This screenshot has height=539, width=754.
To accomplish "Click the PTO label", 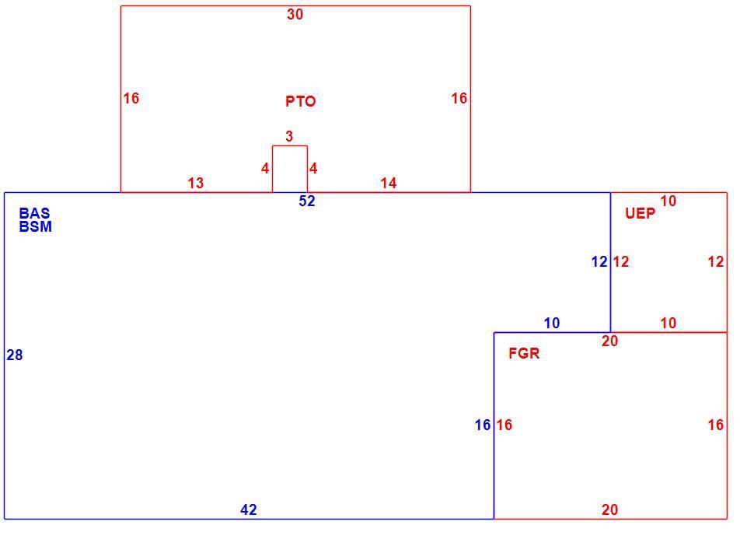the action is tap(301, 102).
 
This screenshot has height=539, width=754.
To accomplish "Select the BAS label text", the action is tap(35, 213).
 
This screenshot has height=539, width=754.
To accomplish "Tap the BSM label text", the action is tap(36, 226).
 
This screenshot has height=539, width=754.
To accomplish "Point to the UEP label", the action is tap(640, 213).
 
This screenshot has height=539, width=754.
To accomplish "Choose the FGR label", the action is tap(524, 354).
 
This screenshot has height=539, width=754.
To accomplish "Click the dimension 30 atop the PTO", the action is tap(295, 15).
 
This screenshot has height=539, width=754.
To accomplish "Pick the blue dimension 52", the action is tap(307, 201).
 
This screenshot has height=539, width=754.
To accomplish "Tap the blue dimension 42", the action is tap(249, 509).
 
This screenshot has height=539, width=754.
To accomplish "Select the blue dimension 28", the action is tap(15, 355).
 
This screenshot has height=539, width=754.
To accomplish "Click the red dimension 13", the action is tap(196, 184).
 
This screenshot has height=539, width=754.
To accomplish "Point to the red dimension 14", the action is tap(389, 184).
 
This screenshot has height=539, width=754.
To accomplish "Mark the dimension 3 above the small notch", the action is tap(289, 137).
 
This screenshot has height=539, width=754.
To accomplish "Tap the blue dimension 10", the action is tap(552, 324).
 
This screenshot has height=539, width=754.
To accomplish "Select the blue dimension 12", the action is tap(599, 262).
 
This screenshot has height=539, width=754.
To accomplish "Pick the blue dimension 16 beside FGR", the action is tap(483, 425).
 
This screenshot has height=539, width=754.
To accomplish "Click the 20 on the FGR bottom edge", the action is tap(609, 509).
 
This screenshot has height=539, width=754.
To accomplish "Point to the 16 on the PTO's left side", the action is tap(131, 99).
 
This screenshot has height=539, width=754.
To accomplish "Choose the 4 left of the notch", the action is tap(265, 169).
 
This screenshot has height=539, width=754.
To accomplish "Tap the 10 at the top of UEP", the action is tap(668, 201).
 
